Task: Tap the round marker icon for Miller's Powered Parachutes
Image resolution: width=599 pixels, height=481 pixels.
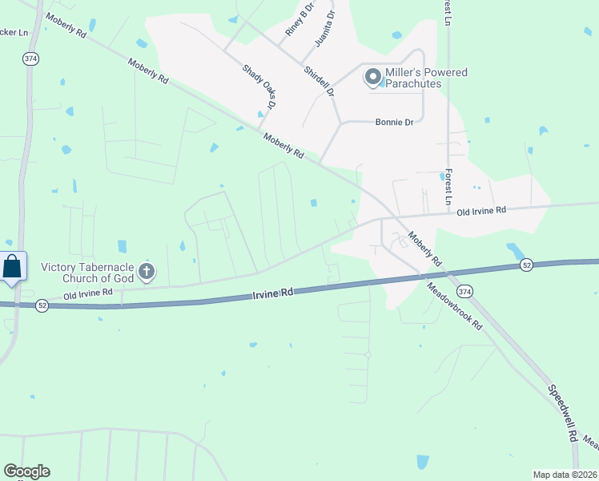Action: [x=372, y=78]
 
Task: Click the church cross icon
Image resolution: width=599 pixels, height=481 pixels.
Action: [x=146, y=273]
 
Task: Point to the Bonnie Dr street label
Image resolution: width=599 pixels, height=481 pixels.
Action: [x=394, y=123]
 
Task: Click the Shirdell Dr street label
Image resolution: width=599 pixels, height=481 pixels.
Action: [x=318, y=82]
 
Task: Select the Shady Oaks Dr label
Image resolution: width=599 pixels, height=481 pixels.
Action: [x=259, y=86]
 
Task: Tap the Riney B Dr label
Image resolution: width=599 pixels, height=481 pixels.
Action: [x=296, y=22]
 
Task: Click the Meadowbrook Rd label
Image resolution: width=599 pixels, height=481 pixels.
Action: [x=454, y=307]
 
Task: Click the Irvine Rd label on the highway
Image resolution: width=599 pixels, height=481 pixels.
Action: [x=273, y=294]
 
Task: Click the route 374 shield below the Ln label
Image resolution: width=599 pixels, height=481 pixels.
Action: [x=30, y=59]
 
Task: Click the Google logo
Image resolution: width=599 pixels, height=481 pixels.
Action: [x=26, y=471]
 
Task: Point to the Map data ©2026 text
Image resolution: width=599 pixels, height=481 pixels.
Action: [x=564, y=475]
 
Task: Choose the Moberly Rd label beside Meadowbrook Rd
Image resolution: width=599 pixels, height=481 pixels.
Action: [x=424, y=250]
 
